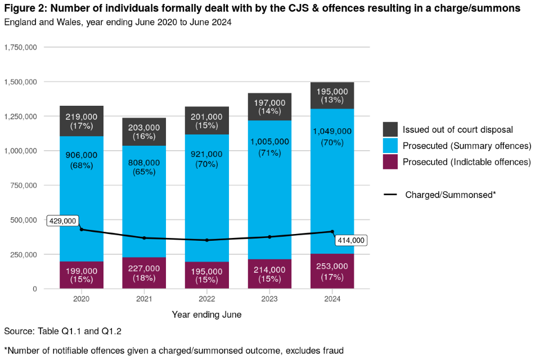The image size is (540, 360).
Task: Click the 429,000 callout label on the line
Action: (62, 221)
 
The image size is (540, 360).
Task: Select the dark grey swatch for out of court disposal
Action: (390, 129)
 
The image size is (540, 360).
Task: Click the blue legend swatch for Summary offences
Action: (390, 146)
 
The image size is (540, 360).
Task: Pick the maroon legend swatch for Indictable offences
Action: (390, 162)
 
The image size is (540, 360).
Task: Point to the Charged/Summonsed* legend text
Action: (450, 195)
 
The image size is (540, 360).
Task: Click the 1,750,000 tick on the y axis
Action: (21, 47)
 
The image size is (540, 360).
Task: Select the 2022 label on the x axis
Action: (207, 299)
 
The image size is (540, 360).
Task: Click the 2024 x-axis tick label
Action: (332, 299)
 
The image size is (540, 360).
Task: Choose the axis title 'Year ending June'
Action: (206, 315)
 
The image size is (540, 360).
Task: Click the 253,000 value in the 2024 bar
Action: (332, 266)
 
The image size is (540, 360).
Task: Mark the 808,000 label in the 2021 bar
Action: (144, 163)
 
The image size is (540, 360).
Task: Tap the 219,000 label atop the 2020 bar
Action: (82, 118)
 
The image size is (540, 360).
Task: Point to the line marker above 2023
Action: (269, 237)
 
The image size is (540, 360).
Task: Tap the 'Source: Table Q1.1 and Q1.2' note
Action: (62, 331)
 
